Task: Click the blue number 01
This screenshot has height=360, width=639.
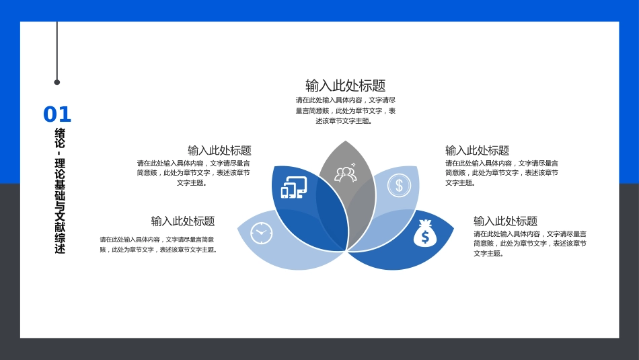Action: coord(57,115)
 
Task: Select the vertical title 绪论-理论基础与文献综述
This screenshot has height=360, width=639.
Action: coord(60,191)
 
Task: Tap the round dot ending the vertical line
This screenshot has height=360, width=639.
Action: coord(57,82)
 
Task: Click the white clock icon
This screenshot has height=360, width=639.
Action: coord(261,233)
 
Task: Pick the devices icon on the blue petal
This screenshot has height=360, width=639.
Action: coord(293,187)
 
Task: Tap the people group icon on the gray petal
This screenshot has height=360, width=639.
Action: coord(345,174)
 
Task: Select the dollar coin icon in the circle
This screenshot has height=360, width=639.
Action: coord(399,185)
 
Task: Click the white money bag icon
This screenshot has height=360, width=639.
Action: coord(424,233)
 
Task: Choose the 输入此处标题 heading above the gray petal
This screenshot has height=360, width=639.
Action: coord(345,85)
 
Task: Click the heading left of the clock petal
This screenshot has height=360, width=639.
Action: coord(183,221)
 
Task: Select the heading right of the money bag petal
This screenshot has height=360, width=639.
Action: coord(505,221)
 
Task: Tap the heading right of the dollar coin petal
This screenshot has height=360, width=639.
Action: coord(477,150)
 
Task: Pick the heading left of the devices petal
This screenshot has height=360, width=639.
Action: coord(219,150)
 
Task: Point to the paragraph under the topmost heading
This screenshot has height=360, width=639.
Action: coord(345,110)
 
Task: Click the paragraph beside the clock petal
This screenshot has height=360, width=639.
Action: coord(159,244)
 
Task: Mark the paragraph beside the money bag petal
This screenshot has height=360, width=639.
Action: coord(529,244)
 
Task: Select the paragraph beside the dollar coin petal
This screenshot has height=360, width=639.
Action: coord(501,173)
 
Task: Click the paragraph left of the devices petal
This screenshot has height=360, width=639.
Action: coord(194,173)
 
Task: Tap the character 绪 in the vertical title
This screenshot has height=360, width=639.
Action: coord(60,133)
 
